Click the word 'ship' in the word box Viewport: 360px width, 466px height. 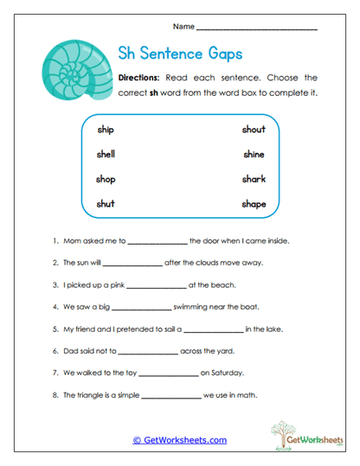(106, 130)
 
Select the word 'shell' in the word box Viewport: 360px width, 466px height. (106, 154)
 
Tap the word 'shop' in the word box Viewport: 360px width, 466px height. (106, 179)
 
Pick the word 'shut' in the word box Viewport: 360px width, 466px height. (106, 204)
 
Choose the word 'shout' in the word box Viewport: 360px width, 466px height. (254, 130)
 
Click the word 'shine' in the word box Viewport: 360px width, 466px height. (254, 154)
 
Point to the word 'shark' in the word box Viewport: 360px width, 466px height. (254, 179)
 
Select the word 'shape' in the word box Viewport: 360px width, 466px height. (254, 204)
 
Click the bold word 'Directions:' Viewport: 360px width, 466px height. (141, 77)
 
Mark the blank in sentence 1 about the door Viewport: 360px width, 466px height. (157, 241)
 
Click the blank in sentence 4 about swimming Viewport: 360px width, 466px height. (142, 307)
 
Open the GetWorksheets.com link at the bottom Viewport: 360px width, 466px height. (179, 440)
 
